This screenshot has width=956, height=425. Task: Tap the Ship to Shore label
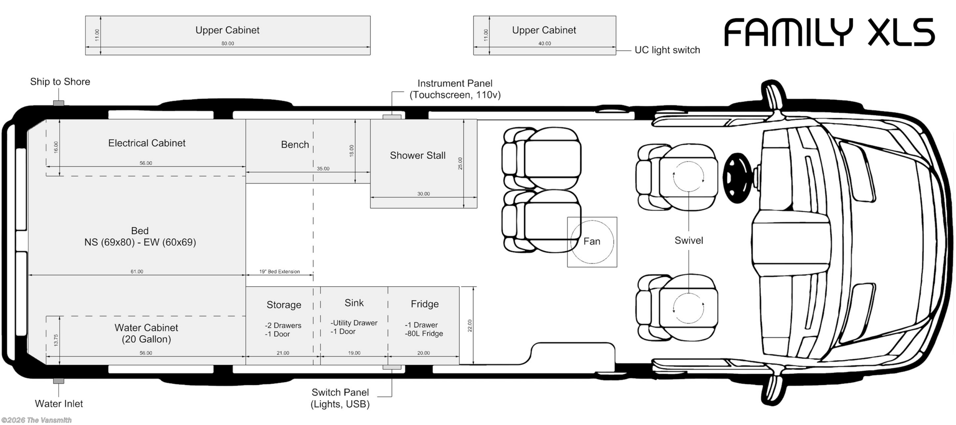(x=60, y=82)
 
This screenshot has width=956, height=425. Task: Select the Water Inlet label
(x=59, y=404)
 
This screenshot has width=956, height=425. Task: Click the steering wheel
(x=738, y=178)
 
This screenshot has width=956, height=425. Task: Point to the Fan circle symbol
(x=592, y=242)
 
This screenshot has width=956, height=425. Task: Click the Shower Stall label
(x=417, y=156)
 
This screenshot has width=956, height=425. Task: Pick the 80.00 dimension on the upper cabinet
(x=228, y=43)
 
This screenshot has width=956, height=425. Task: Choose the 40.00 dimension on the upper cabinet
(x=544, y=43)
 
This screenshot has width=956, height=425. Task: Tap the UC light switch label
(x=667, y=50)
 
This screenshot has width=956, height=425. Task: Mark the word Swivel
(x=689, y=241)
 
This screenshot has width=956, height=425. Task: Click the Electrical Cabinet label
(x=147, y=143)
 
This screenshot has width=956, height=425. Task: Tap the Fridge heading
(x=424, y=304)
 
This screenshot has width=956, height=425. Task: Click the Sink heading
(x=354, y=303)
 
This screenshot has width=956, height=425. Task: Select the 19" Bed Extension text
(x=279, y=271)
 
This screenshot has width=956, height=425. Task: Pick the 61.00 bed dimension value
(x=137, y=271)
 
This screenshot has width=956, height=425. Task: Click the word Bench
(x=295, y=145)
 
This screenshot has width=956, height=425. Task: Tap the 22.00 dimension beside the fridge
(x=470, y=326)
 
